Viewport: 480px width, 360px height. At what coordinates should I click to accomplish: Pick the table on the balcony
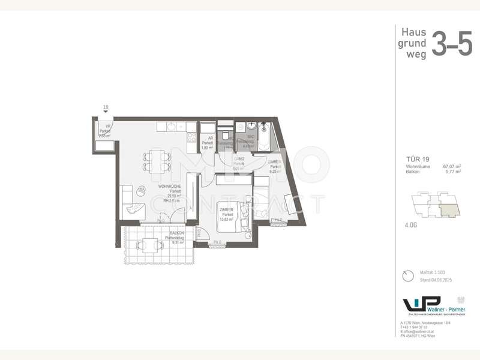[148, 246]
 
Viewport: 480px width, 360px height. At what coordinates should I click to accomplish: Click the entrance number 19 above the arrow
[106, 107]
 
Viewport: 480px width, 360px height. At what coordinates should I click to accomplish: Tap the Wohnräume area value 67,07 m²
[452, 166]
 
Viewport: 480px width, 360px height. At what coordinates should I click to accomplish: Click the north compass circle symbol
[408, 275]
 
